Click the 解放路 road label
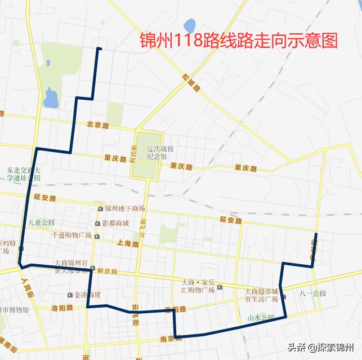click(106, 271)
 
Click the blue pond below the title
click(189, 25)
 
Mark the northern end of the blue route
click(99, 48)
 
